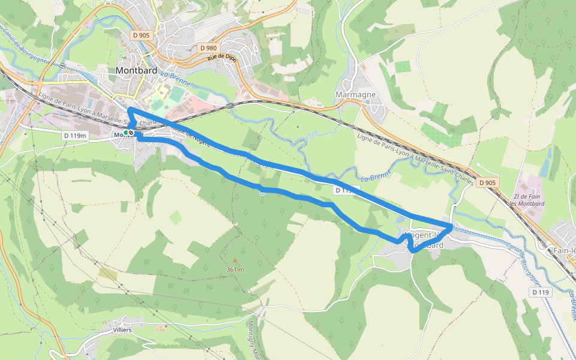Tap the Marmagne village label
point(355,95)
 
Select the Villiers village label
point(122,330)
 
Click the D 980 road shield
point(208,47)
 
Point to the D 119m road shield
point(75,136)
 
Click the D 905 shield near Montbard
point(141,35)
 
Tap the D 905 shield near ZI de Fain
point(488,182)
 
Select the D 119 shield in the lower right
point(540,292)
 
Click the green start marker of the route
point(126,132)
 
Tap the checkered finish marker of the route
point(131,132)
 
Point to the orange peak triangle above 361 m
point(235,261)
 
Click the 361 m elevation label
point(235,269)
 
